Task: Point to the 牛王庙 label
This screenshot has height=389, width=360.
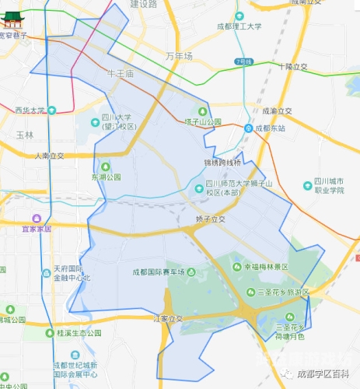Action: click(x=121, y=73)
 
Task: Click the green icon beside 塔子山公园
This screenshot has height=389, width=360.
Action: click(x=203, y=110)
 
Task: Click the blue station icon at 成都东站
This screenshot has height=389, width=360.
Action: click(x=247, y=128)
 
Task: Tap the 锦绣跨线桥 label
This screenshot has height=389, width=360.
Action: click(x=222, y=163)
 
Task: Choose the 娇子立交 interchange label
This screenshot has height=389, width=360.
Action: click(x=210, y=219)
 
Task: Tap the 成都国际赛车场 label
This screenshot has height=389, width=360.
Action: click(x=159, y=272)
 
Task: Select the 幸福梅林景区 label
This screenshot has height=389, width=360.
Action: click(x=266, y=266)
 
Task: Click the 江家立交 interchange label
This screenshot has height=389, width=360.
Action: click(x=167, y=318)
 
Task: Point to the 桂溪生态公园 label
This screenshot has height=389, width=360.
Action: click(x=79, y=332)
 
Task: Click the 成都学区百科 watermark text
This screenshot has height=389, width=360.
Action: click(x=323, y=373)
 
